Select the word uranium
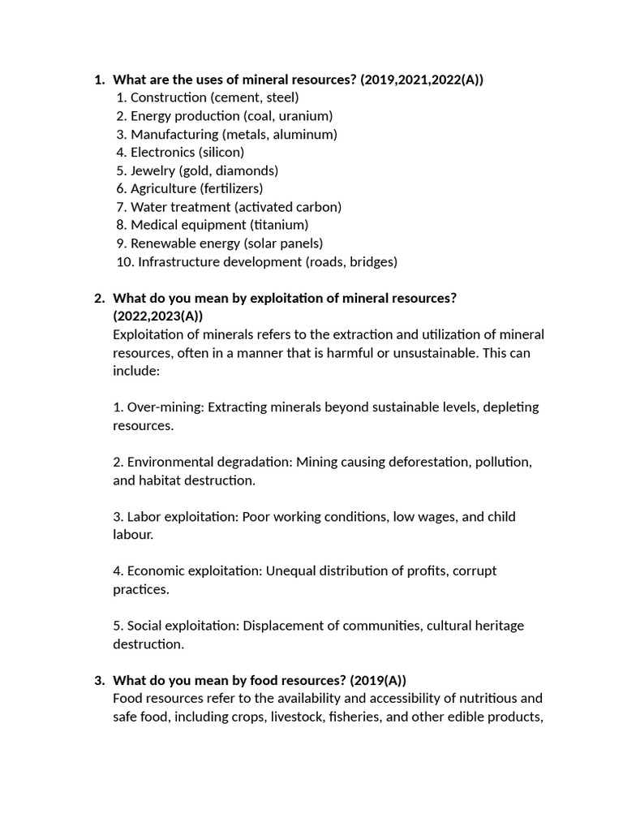pyautogui.click(x=303, y=116)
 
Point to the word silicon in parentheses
pyautogui.click(x=221, y=152)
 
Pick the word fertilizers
pyautogui.click(x=231, y=188)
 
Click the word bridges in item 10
pyautogui.click(x=372, y=261)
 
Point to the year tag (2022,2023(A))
pyautogui.click(x=157, y=316)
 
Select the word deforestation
pyautogui.click(x=423, y=462)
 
